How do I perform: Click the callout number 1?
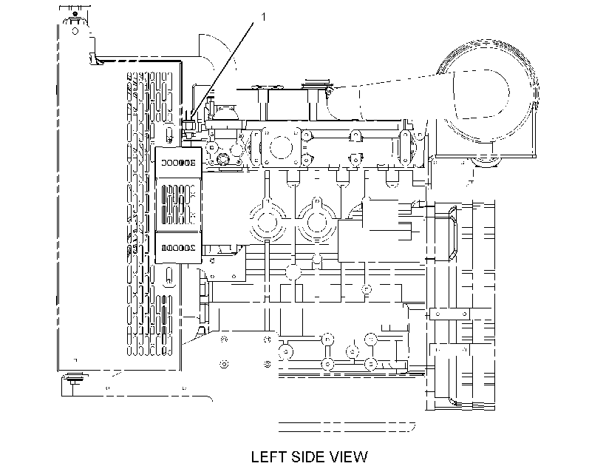click(x=264, y=16)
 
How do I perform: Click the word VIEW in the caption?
click(x=349, y=457)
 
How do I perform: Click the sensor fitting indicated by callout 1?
click(x=188, y=126)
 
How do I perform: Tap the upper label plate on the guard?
click(x=178, y=163)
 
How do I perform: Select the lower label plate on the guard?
click(x=178, y=248)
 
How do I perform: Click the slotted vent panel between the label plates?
click(x=178, y=205)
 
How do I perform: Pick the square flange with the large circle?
click(x=281, y=147)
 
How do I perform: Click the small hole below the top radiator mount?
click(x=75, y=30)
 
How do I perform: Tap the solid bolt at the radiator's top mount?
click(x=75, y=14)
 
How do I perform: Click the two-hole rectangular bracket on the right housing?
click(x=450, y=314)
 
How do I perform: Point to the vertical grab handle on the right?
click(x=452, y=233)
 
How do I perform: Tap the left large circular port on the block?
click(x=266, y=220)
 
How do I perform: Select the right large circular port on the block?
click(x=316, y=220)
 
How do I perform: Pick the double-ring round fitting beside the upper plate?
click(x=223, y=159)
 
